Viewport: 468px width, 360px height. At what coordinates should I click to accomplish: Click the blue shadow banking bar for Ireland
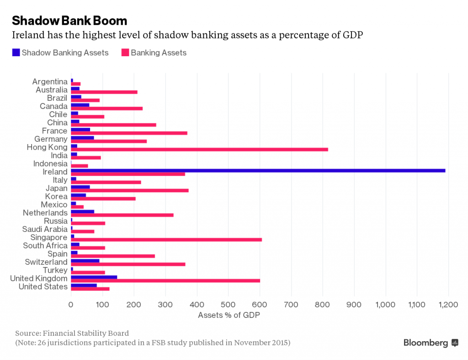tap(258, 170)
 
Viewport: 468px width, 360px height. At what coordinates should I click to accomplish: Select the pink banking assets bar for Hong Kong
tap(199, 149)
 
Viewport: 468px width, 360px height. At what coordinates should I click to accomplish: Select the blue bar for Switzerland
tap(85, 260)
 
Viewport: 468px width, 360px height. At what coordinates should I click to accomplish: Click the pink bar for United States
tap(90, 289)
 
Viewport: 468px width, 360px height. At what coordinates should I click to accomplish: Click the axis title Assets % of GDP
tap(226, 315)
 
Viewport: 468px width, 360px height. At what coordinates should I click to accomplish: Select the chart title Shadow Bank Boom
tap(69, 21)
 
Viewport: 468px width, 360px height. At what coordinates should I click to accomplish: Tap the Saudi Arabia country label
tap(45, 229)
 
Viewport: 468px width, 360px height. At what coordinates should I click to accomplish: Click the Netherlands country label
tap(45, 213)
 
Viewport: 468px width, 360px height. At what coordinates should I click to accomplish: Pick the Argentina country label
tap(50, 81)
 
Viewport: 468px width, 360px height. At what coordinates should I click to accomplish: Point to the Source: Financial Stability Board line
tap(72, 333)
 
